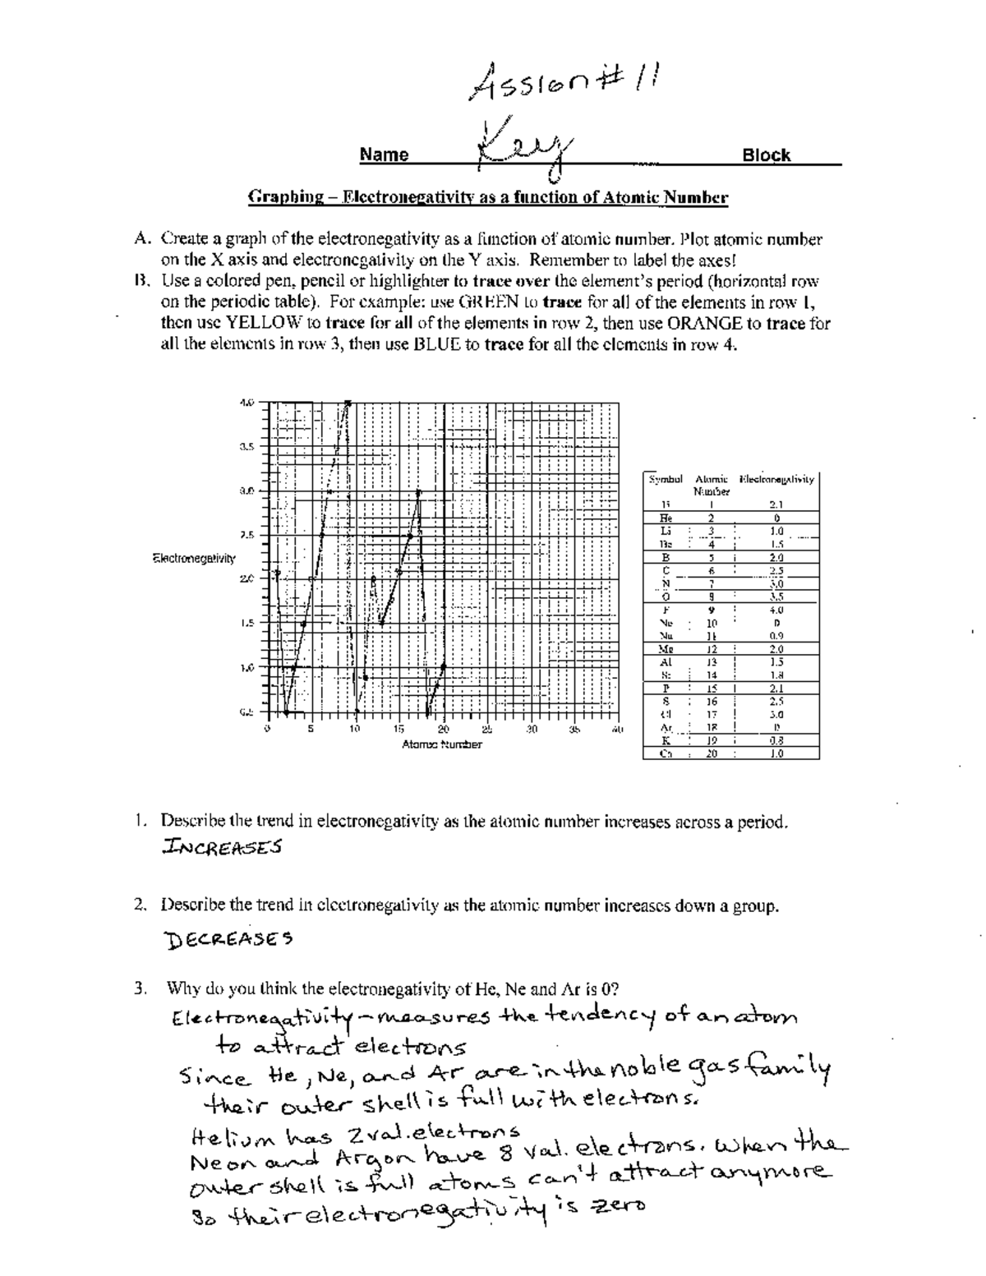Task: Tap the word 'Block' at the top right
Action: click(x=766, y=155)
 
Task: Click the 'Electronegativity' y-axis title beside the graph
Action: click(x=194, y=559)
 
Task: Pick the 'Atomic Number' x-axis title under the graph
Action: click(x=441, y=744)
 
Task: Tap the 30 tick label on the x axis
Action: click(x=531, y=729)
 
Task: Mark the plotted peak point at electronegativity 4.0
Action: click(x=348, y=403)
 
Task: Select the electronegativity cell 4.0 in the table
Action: click(x=776, y=610)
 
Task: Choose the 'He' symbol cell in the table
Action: click(x=666, y=518)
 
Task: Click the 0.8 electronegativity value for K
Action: click(x=776, y=740)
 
